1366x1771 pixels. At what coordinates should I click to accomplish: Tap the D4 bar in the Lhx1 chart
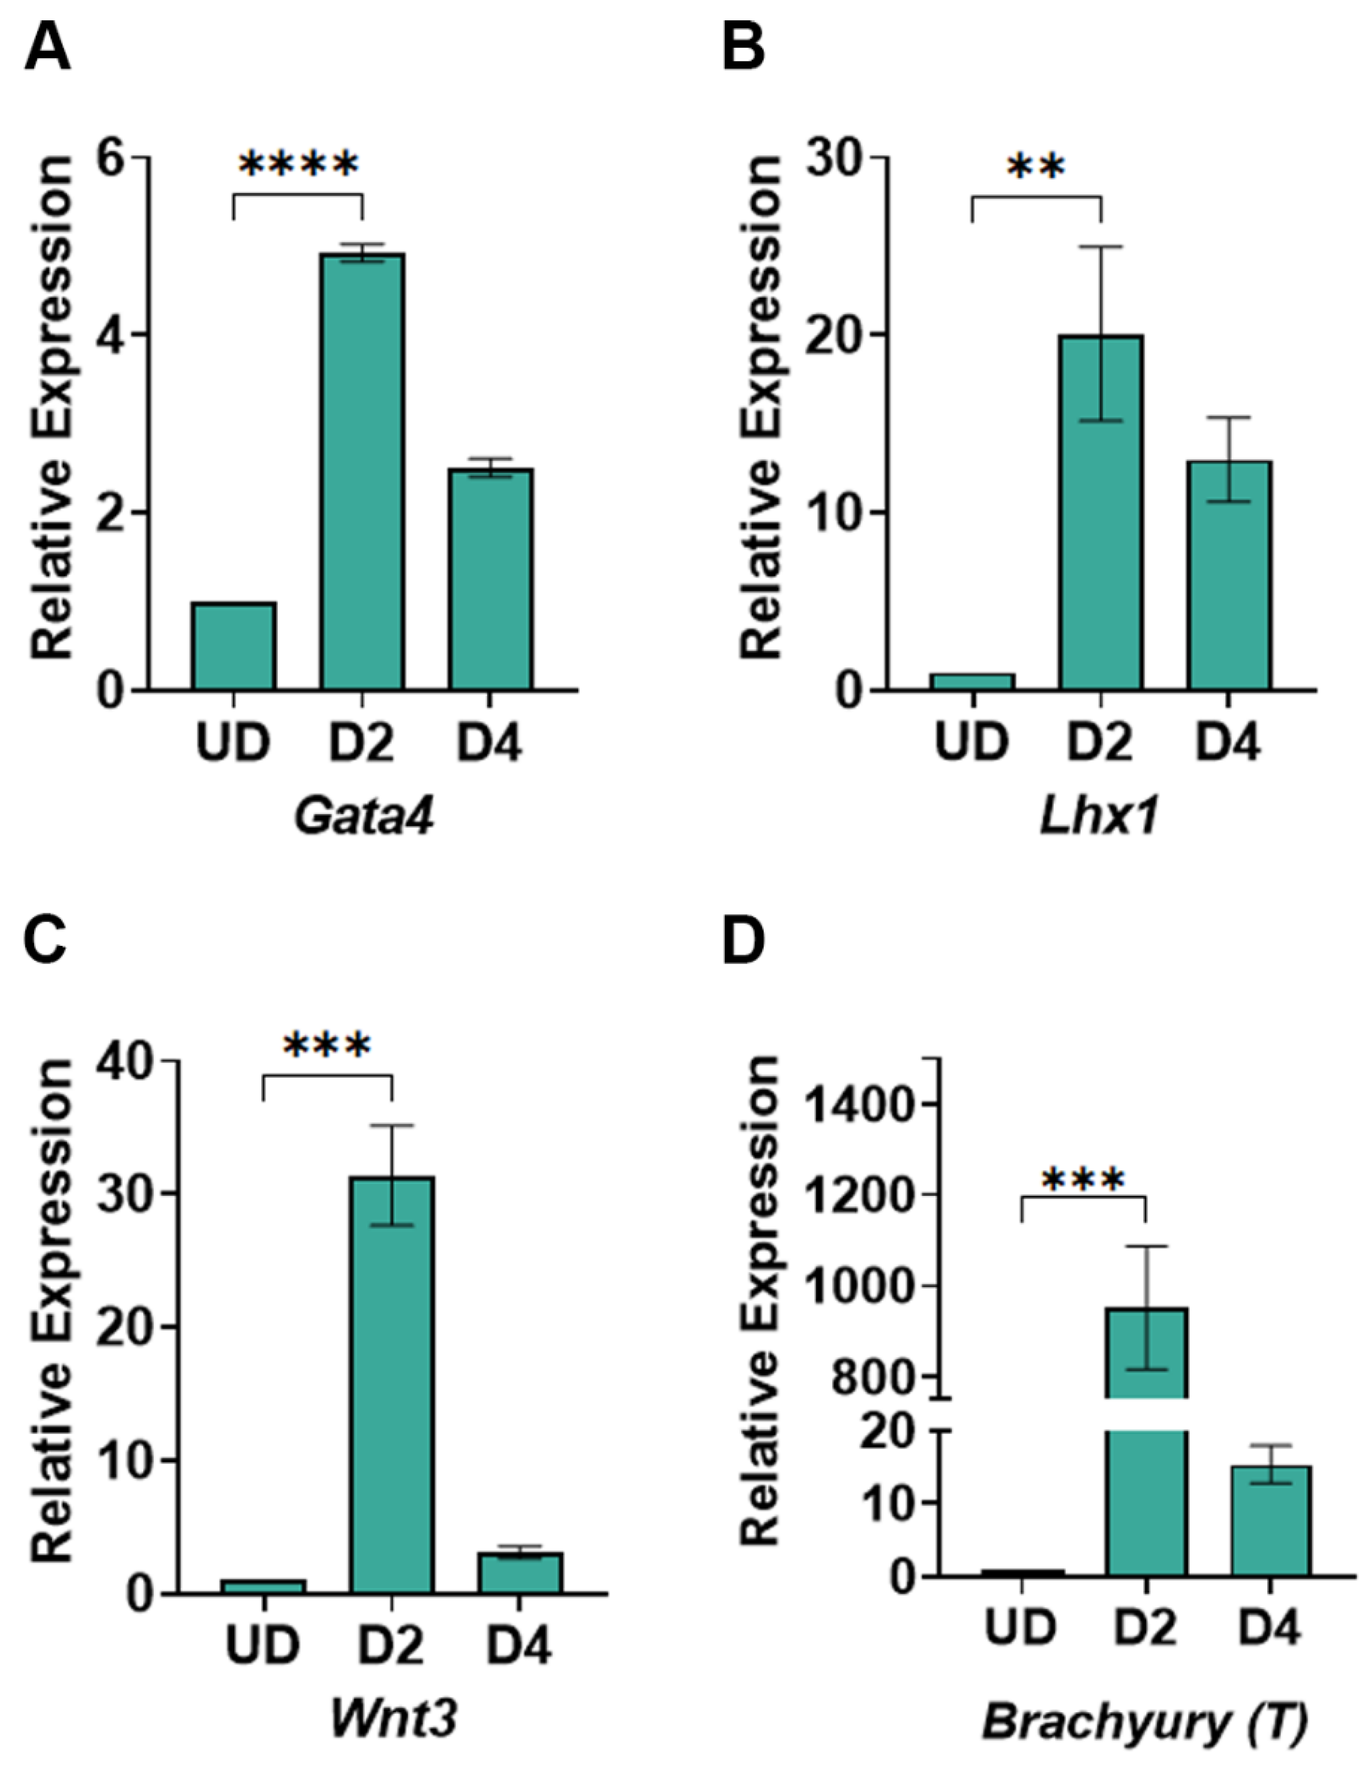tap(1228, 576)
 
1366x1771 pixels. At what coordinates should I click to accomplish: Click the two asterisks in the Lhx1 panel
tap(1035, 169)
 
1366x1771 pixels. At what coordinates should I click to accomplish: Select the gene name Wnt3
tap(393, 1718)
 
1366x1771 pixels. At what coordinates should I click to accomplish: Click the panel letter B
tap(743, 49)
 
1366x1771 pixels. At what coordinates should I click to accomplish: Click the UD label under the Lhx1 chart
tap(972, 743)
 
